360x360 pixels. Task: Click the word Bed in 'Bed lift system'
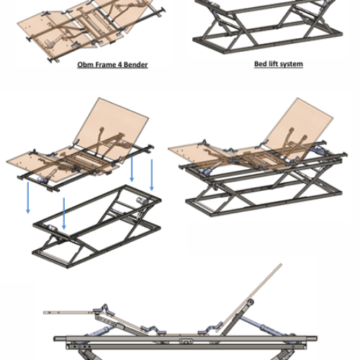[260, 64]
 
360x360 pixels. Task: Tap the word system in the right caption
[291, 64]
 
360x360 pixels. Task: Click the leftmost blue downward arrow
[28, 198]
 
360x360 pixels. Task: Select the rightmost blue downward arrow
[152, 175]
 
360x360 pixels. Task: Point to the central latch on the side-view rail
[186, 341]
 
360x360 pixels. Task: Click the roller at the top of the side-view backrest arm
[250, 302]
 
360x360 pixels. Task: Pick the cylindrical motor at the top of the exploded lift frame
[143, 201]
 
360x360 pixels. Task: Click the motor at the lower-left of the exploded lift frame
[52, 228]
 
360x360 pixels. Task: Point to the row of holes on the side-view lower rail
[81, 347]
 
